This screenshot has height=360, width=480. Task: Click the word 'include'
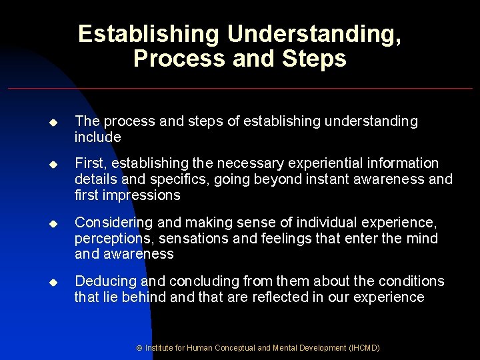(98, 137)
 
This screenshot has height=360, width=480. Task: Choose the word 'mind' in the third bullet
(423, 238)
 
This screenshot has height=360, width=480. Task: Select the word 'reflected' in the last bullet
(281, 297)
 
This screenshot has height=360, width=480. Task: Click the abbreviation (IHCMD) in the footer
(363, 348)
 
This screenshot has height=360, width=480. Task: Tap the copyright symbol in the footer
(139, 348)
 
